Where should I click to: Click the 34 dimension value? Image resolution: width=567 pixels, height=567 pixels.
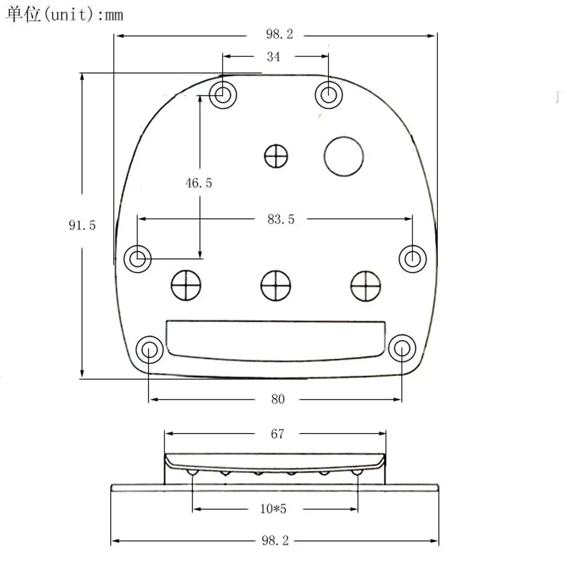point(274,57)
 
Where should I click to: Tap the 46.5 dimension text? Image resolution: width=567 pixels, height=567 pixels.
point(199,183)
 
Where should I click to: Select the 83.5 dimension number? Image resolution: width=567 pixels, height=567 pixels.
point(281,219)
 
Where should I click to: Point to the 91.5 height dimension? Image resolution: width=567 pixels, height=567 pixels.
point(82,225)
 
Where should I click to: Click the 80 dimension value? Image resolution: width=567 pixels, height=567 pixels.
point(278,399)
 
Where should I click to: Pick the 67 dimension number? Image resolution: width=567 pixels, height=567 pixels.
point(277,434)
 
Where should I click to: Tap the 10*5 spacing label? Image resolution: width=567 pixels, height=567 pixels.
point(273,509)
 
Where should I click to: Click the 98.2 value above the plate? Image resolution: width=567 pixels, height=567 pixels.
point(280,34)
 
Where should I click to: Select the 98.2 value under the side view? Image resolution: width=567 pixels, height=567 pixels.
point(275,540)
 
